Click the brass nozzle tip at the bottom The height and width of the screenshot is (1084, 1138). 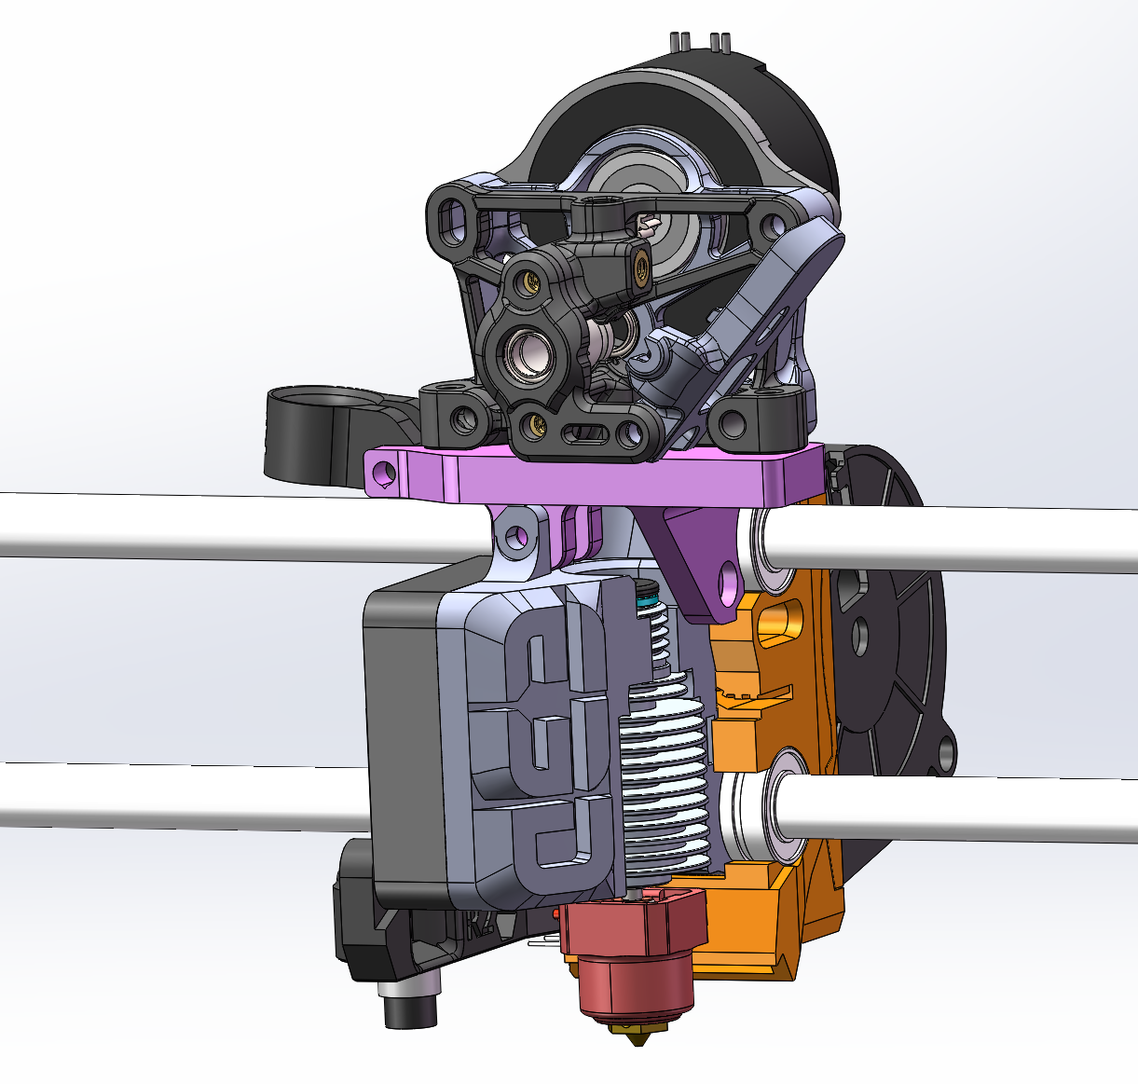pos(638,1030)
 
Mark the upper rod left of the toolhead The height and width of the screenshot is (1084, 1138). pos(233,528)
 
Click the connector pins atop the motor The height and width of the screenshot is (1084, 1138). pos(698,42)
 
